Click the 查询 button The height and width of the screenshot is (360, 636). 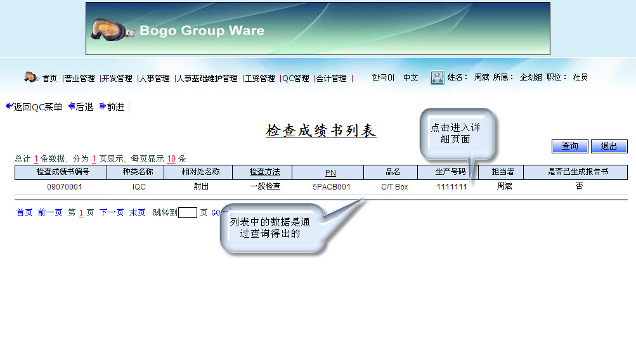pyautogui.click(x=569, y=146)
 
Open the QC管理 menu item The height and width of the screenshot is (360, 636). pyautogui.click(x=295, y=78)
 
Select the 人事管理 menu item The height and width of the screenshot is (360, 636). pyautogui.click(x=155, y=78)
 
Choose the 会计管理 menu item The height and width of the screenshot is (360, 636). pyautogui.click(x=332, y=78)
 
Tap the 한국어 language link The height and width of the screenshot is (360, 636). pyautogui.click(x=383, y=77)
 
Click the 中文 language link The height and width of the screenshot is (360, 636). pyautogui.click(x=410, y=77)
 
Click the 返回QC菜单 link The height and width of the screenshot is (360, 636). pyautogui.click(x=34, y=106)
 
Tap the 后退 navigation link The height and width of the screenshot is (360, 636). pyautogui.click(x=81, y=106)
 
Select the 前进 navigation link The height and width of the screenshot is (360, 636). pyautogui.click(x=112, y=106)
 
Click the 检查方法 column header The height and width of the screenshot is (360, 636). pyautogui.click(x=264, y=172)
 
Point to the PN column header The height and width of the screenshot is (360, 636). pyautogui.click(x=330, y=172)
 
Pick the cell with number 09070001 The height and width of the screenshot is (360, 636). pyautogui.click(x=65, y=187)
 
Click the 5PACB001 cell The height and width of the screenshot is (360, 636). pyautogui.click(x=332, y=187)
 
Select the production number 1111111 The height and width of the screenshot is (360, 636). pyautogui.click(x=452, y=187)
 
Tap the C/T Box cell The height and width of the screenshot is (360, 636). pyautogui.click(x=394, y=187)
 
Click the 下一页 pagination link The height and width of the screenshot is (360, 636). pyautogui.click(x=112, y=212)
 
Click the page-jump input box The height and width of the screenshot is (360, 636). pyautogui.click(x=188, y=212)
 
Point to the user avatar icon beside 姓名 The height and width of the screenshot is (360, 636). pyautogui.click(x=437, y=77)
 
